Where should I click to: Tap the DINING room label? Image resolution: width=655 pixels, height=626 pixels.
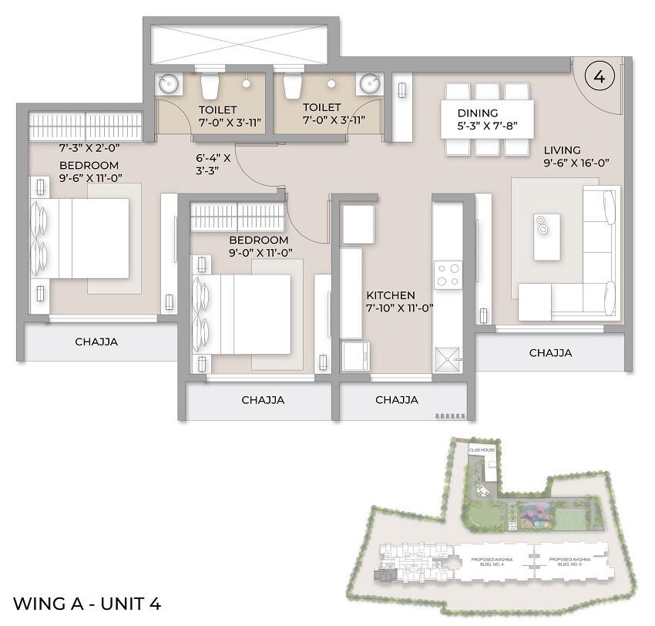click(x=478, y=113)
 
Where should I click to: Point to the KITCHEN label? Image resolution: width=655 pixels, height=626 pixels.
click(x=391, y=295)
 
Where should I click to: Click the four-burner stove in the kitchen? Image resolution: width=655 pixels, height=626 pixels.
click(x=448, y=271)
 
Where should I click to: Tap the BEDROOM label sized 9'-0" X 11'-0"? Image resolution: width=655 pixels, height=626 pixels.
click(x=259, y=240)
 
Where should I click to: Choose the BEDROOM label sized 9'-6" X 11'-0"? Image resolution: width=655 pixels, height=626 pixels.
click(x=89, y=166)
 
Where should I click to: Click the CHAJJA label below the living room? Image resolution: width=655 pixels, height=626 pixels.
click(x=550, y=353)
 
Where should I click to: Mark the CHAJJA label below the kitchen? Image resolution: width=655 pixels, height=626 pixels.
click(x=396, y=400)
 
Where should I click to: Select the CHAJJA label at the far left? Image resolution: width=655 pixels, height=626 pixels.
click(x=96, y=342)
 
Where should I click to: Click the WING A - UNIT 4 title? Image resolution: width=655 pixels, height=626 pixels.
click(x=87, y=603)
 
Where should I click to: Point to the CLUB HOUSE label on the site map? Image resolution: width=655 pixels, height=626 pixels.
click(x=483, y=449)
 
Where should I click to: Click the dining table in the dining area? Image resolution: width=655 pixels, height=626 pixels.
click(x=487, y=119)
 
